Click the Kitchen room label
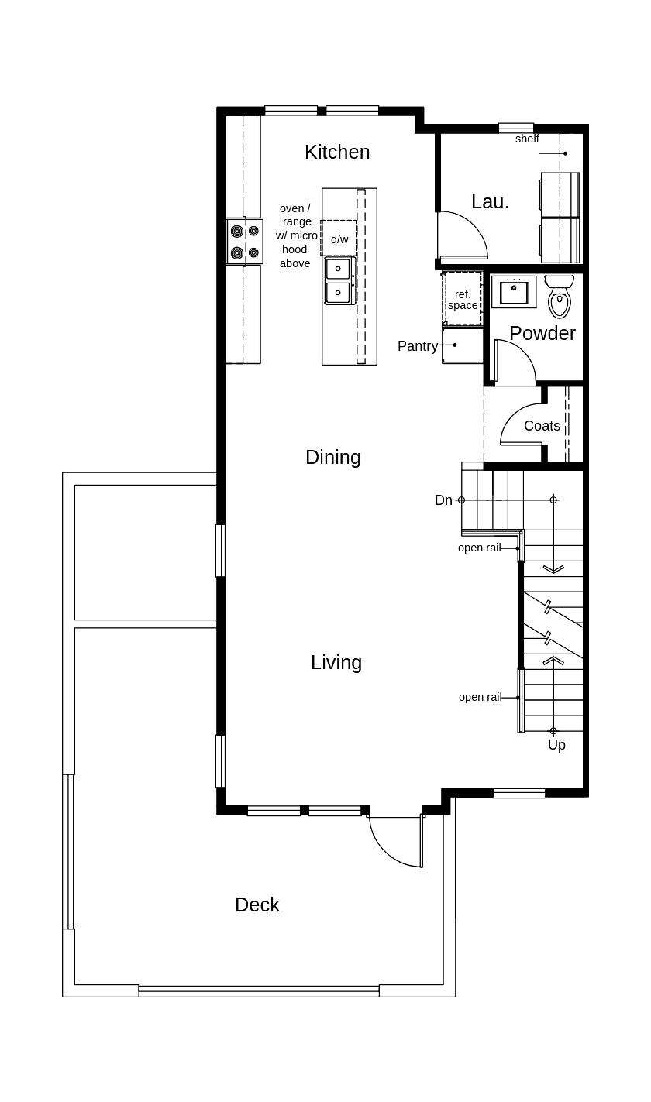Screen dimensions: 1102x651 click(x=337, y=153)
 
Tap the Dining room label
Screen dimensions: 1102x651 click(x=332, y=458)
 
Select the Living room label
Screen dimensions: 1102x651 click(x=336, y=663)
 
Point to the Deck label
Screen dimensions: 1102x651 click(x=257, y=905)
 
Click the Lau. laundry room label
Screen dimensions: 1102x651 click(x=490, y=202)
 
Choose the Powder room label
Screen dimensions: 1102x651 click(x=542, y=334)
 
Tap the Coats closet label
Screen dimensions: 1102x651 click(x=542, y=426)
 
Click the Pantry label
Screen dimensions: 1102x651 click(x=417, y=346)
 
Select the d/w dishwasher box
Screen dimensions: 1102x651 click(x=339, y=239)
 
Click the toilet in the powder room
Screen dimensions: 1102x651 click(x=560, y=297)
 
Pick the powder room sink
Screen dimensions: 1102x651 click(x=513, y=292)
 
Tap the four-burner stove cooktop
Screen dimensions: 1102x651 click(x=244, y=242)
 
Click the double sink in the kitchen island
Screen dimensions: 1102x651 click(x=338, y=281)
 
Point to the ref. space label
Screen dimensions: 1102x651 click(x=463, y=300)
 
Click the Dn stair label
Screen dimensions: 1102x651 click(x=443, y=500)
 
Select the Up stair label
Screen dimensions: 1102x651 click(x=556, y=745)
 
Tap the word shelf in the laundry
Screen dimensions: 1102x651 click(x=527, y=139)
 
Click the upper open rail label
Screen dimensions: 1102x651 click(x=479, y=548)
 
